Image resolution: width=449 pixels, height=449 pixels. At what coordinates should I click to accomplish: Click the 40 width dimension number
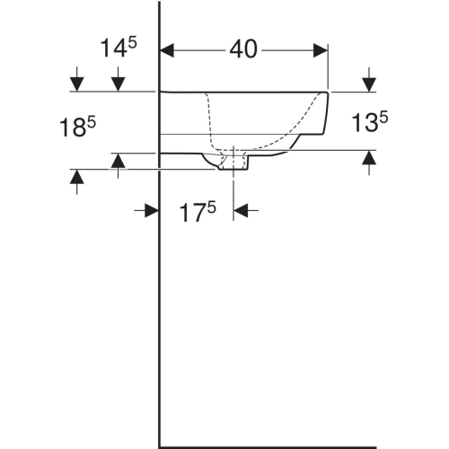(243, 49)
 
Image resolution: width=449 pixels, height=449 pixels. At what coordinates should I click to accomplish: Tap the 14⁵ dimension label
(119, 48)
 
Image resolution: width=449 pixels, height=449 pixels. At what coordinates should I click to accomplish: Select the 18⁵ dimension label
(77, 127)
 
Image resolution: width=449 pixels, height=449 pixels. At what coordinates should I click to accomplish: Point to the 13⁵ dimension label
(370, 121)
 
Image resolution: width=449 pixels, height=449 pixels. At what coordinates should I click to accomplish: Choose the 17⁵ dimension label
(198, 212)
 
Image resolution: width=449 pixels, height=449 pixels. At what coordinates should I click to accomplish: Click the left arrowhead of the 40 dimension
(167, 50)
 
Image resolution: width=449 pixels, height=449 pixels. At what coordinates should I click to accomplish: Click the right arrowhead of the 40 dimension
(321, 50)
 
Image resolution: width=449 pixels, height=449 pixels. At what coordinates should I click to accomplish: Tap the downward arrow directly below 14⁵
(119, 79)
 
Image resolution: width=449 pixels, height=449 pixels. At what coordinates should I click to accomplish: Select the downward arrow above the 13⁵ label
(369, 79)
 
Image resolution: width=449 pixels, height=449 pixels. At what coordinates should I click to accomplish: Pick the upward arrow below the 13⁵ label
(369, 163)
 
